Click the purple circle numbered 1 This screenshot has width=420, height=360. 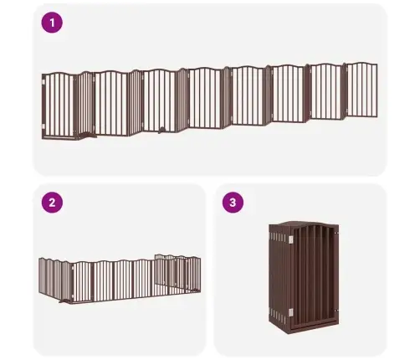tap(52, 23)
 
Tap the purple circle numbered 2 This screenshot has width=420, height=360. tap(52, 203)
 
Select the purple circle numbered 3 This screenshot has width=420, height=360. tap(233, 203)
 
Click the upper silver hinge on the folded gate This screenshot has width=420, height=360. tap(290, 239)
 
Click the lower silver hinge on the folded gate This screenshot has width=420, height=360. tap(290, 312)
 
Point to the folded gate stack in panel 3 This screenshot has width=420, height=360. tap(304, 277)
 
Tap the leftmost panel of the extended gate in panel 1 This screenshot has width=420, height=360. tap(59, 105)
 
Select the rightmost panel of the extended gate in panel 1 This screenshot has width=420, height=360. tap(361, 90)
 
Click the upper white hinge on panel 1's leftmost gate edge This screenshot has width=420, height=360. tap(44, 82)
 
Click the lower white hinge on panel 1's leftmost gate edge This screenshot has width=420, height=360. tap(44, 126)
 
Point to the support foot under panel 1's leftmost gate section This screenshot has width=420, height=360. tap(87, 136)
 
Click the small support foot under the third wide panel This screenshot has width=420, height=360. tap(161, 130)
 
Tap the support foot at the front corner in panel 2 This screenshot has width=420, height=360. tap(65, 301)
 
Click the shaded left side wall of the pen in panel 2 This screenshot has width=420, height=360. tap(54, 278)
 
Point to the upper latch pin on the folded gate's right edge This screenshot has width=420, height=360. tap(336, 233)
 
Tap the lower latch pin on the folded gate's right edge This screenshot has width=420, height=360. tap(336, 311)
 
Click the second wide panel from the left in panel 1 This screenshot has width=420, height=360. tap(111, 103)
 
